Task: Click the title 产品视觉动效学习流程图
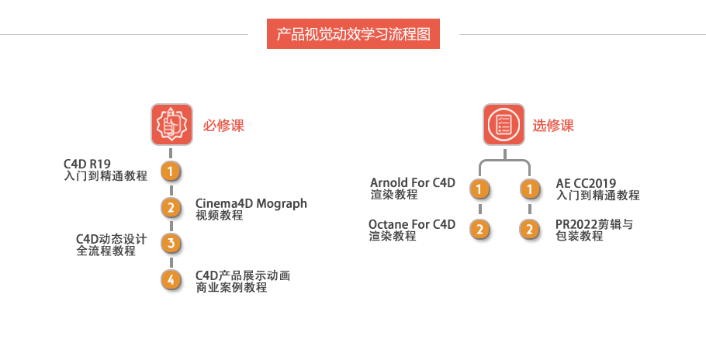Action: pos(353,34)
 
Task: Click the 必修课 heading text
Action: pos(223,125)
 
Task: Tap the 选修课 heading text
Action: pos(552,125)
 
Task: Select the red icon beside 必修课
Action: pos(171,124)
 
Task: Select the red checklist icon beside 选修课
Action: pos(504,124)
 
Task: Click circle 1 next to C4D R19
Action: pos(171,171)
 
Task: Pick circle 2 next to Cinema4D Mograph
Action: pos(171,207)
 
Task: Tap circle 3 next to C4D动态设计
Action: pos(171,244)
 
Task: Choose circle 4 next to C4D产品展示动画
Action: pos(171,280)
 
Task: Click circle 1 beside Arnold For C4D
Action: pos(480,189)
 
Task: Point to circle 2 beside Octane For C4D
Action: pos(480,229)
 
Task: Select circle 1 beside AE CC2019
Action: pos(529,189)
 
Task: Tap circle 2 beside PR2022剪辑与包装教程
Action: pos(529,229)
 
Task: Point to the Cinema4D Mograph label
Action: pos(251,203)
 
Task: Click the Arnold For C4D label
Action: pos(413,183)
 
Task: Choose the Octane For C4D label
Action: pos(412,224)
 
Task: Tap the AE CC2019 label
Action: pos(586,183)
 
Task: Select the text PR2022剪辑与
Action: pos(594,224)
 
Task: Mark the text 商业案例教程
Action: pos(231,288)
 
